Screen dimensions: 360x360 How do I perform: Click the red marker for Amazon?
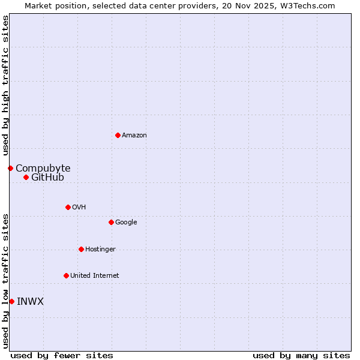pos(118,135)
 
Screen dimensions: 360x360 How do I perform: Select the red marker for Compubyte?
pos(10,168)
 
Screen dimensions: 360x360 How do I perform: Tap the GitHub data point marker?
pos(26,177)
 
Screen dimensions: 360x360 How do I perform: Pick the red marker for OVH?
pos(68,207)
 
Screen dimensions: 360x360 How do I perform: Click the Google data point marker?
pos(111,222)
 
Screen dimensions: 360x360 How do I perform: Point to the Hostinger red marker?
pos(81,249)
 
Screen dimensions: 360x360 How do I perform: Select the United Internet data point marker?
pos(66,275)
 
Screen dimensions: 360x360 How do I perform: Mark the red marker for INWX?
pos(11,301)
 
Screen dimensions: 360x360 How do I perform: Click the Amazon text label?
pos(134,136)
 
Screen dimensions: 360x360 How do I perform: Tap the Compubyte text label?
pos(43,169)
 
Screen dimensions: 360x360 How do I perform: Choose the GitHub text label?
pos(47,178)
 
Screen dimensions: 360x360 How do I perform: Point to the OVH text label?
pos(79,208)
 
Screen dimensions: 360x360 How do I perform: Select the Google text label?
pos(126,223)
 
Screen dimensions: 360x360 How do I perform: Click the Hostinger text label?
pos(100,250)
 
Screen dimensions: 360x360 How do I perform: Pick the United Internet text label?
pos(95,276)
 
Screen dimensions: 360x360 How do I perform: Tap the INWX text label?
pos(30,302)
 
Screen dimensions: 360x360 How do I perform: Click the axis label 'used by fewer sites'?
pos(62,355)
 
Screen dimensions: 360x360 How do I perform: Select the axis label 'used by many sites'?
pos(301,355)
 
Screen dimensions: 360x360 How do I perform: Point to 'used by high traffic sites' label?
pos(5,85)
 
